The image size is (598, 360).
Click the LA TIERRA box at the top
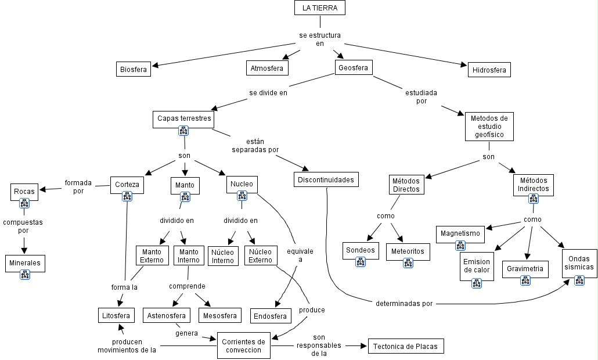[319, 8]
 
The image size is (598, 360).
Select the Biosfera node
[134, 70]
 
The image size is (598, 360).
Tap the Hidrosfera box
[489, 70]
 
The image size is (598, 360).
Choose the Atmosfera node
[267, 69]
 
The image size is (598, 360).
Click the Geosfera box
[353, 68]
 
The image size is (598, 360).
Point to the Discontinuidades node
[325, 180]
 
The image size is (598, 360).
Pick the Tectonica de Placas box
[406, 347]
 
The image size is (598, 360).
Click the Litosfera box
[116, 316]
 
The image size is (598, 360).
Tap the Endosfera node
[271, 316]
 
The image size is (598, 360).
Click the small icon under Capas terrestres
[183, 131]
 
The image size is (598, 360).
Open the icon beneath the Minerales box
[25, 275]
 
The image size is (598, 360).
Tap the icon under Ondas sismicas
[579, 280]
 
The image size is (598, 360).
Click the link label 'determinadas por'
[404, 303]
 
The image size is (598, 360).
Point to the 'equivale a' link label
[300, 255]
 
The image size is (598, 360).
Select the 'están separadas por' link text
[255, 145]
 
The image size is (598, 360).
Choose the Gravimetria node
[525, 269]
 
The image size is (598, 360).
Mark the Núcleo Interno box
[223, 256]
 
